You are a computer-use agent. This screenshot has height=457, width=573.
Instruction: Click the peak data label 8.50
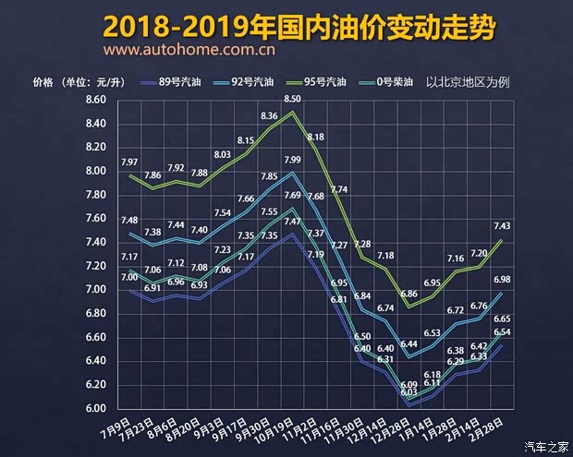pos(293,99)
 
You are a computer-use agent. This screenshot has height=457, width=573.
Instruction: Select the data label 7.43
pos(504,227)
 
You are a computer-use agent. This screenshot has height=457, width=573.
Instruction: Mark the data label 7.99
pos(293,161)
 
